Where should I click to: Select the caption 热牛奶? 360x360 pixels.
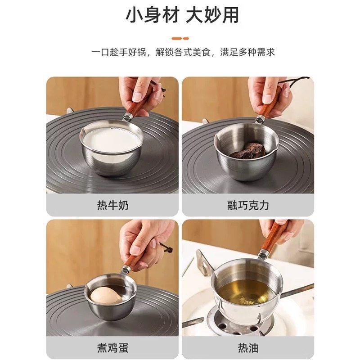click(112, 205)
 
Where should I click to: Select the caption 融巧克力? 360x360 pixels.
click(248, 205)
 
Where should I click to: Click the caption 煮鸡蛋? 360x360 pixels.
click(112, 347)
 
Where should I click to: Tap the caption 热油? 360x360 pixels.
click(248, 347)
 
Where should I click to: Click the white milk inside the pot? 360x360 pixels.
click(110, 140)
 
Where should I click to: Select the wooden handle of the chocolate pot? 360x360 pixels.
click(270, 104)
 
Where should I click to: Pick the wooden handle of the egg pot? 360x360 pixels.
click(135, 257)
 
